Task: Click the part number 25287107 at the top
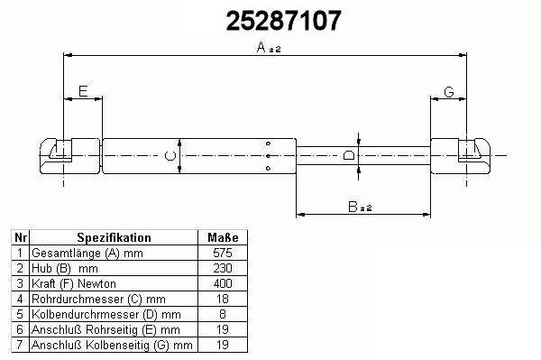coord(283,21)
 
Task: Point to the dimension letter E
coord(83,91)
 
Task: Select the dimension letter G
coord(448,92)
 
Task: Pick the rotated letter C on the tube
coord(170,156)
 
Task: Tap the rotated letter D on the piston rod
coord(349,155)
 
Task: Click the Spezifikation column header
coord(114,237)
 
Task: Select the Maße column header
coord(223,237)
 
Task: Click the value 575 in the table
coord(223,253)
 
